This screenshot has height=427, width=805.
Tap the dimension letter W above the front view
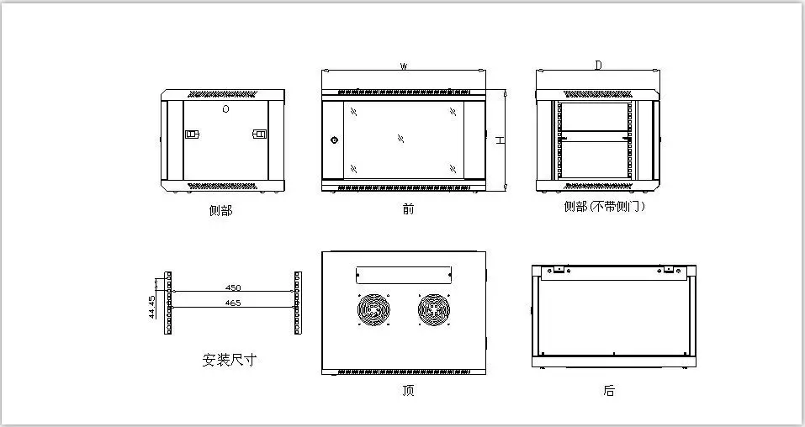pyautogui.click(x=405, y=66)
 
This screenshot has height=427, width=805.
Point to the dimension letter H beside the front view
pyautogui.click(x=499, y=140)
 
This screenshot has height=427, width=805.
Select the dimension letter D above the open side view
pyautogui.click(x=598, y=65)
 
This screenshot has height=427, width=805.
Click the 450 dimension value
pyautogui.click(x=233, y=287)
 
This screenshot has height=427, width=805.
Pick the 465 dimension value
pyautogui.click(x=233, y=303)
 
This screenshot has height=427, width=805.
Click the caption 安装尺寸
pyautogui.click(x=229, y=360)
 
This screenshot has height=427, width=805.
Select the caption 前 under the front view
pyautogui.click(x=408, y=208)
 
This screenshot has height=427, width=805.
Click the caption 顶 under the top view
pyautogui.click(x=408, y=390)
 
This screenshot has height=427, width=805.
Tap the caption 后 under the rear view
pyautogui.click(x=609, y=390)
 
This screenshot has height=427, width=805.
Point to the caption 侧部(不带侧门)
pyautogui.click(x=604, y=206)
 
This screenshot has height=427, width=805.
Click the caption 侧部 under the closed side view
pyautogui.click(x=220, y=210)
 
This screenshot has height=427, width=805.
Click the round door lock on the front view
pyautogui.click(x=334, y=140)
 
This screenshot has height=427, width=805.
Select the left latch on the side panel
pyautogui.click(x=191, y=134)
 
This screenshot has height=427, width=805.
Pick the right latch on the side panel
pyautogui.click(x=259, y=134)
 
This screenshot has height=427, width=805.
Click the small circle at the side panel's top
pyautogui.click(x=225, y=109)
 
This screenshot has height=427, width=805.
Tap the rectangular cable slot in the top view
pyautogui.click(x=404, y=274)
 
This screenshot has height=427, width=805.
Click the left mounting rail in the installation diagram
pyautogui.click(x=168, y=303)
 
